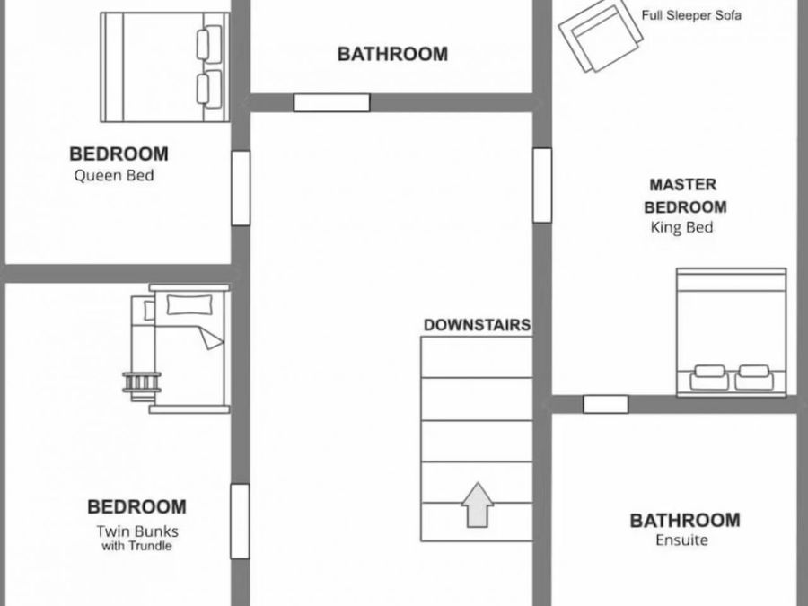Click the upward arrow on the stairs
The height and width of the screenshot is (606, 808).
pyautogui.click(x=479, y=505)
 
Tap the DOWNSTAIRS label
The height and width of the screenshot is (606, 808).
pyautogui.click(x=477, y=325)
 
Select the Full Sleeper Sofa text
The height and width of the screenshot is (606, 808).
pyautogui.click(x=691, y=15)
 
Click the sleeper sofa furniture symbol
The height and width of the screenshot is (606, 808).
pyautogui.click(x=600, y=36)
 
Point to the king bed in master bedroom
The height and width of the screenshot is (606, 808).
pyautogui.click(x=732, y=331)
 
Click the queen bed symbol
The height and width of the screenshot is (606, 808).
pyautogui.click(x=164, y=67)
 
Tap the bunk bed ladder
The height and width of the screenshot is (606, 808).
pyautogui.click(x=143, y=382)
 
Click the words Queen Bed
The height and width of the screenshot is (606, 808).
pyautogui.click(x=114, y=175)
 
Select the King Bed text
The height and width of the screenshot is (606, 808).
pyautogui.click(x=681, y=228)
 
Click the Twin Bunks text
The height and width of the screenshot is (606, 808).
pyautogui.click(x=137, y=531)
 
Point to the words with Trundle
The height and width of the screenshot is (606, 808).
pyautogui.click(x=137, y=546)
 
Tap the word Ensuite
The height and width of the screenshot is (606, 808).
pyautogui.click(x=681, y=540)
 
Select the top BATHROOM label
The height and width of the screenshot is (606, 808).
pyautogui.click(x=392, y=54)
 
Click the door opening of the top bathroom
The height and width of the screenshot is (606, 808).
pyautogui.click(x=332, y=102)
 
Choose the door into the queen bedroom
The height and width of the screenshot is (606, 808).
pyautogui.click(x=241, y=188)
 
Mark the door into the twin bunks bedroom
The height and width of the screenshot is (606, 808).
pyautogui.click(x=240, y=521)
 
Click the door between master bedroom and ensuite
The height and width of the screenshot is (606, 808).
pyautogui.click(x=605, y=404)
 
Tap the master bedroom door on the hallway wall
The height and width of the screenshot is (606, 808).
pyautogui.click(x=541, y=185)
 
